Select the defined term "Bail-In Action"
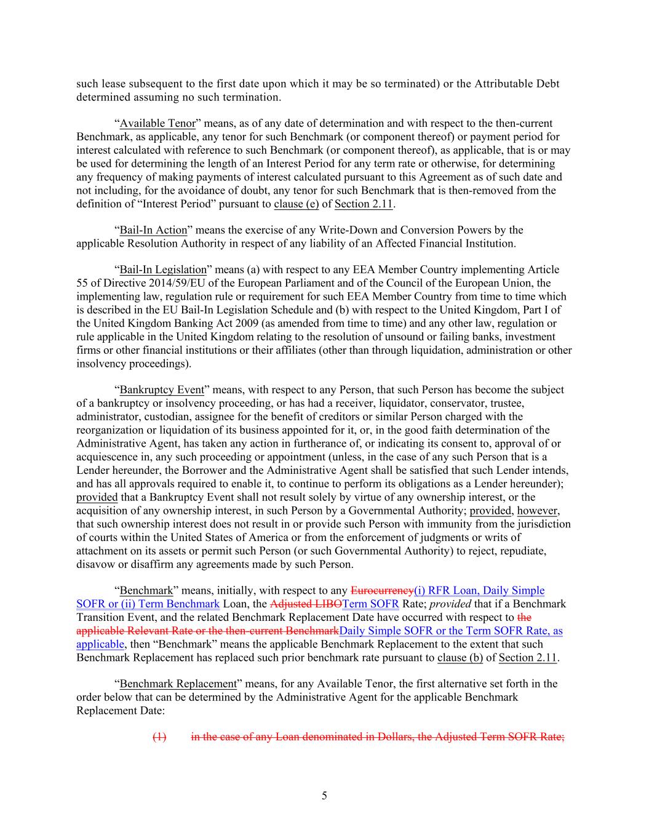153,230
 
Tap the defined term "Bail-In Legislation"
163,270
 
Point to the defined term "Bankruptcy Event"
161,390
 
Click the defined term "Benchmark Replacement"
178,684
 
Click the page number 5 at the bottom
324,796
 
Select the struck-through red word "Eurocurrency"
382,591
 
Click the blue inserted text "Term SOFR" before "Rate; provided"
371,604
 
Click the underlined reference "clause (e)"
297,204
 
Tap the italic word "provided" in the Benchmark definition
447,604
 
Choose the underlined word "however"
537,511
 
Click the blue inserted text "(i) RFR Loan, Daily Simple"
479,591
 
